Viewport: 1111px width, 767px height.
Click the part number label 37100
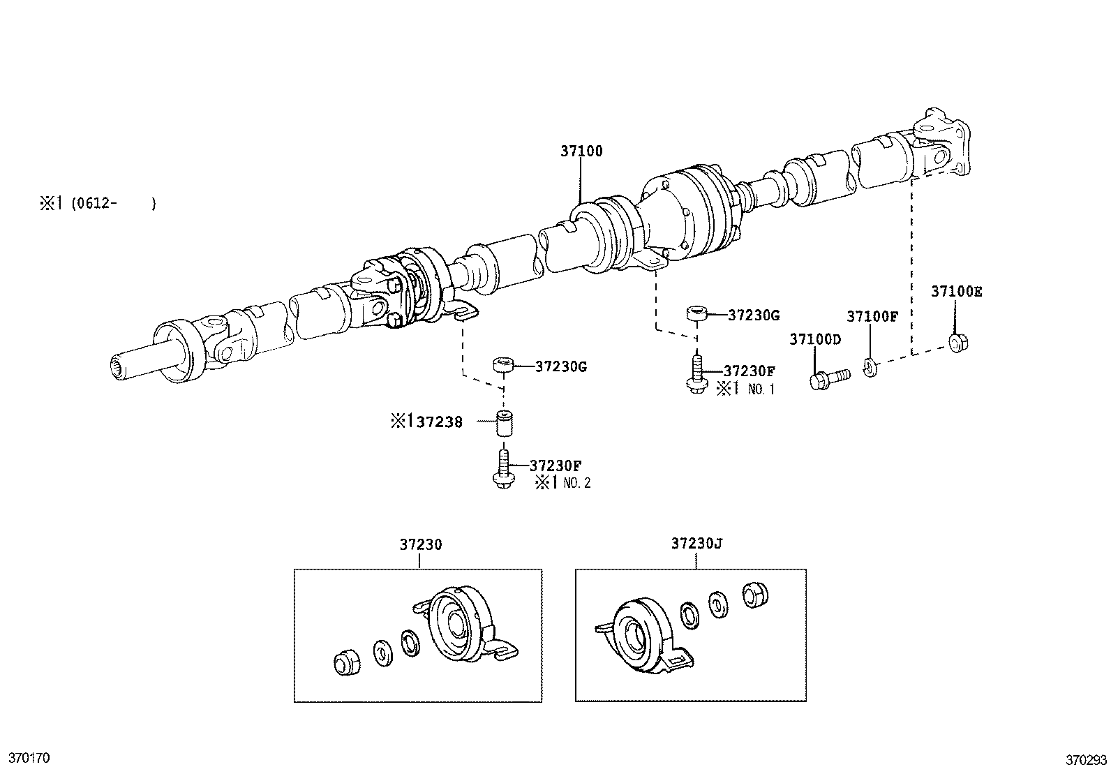click(581, 151)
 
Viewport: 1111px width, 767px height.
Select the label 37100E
click(955, 292)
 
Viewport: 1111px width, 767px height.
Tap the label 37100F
click(872, 316)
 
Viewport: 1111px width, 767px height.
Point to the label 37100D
click(815, 339)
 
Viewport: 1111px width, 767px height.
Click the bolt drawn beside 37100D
click(828, 378)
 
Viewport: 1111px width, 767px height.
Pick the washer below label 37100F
click(869, 366)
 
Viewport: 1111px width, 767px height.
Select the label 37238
click(440, 422)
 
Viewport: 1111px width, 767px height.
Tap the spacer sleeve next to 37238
click(505, 424)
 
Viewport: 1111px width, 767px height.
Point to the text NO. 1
click(761, 389)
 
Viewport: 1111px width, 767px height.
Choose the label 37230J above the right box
click(696, 543)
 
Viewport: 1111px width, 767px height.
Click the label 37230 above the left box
click(421, 544)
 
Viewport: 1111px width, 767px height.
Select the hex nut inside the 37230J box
click(754, 594)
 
